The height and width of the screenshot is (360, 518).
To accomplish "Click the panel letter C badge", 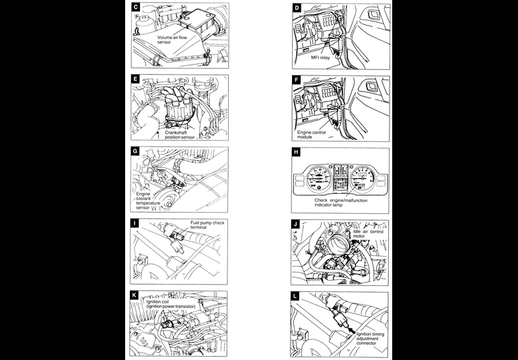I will coord(136,7).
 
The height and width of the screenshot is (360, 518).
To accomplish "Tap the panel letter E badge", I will coord(136,79).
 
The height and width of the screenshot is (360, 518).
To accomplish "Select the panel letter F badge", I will coord(297,79).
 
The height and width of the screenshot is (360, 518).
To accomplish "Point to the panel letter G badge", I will coord(136,152).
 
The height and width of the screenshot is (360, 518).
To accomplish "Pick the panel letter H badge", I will coord(297,152).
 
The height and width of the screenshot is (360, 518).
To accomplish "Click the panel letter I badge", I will coord(136,223).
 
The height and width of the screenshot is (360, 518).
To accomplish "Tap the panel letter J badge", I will coord(297,223).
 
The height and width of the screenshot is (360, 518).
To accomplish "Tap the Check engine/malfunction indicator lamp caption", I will coord(342,202).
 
